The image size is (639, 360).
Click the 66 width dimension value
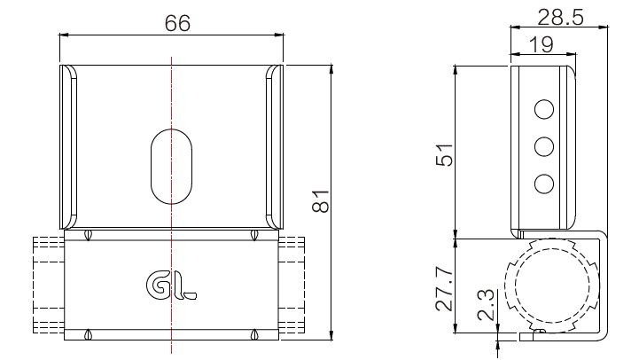pos(177,23)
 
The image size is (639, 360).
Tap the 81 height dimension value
pos(321,201)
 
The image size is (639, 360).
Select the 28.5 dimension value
pos(560,17)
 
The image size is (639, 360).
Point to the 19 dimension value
pos(541,44)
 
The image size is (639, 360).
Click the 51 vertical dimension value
pos(444,155)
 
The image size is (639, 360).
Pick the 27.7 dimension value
pos(444,289)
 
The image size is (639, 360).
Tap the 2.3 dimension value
pos(487,304)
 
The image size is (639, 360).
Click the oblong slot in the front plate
pos(172,166)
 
